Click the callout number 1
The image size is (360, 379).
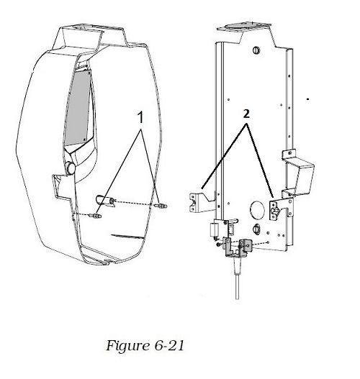point(140,117)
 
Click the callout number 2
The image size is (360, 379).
point(246,114)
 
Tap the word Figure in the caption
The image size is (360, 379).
point(127,346)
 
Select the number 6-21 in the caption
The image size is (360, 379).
point(169,345)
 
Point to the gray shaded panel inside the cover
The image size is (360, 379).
point(77,109)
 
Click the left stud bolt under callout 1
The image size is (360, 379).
point(96,216)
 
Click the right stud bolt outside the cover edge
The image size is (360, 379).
point(161,206)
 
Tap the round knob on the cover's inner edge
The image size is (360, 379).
point(70,168)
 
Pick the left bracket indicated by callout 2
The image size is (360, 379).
point(201,202)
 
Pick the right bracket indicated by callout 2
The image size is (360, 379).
point(281,209)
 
